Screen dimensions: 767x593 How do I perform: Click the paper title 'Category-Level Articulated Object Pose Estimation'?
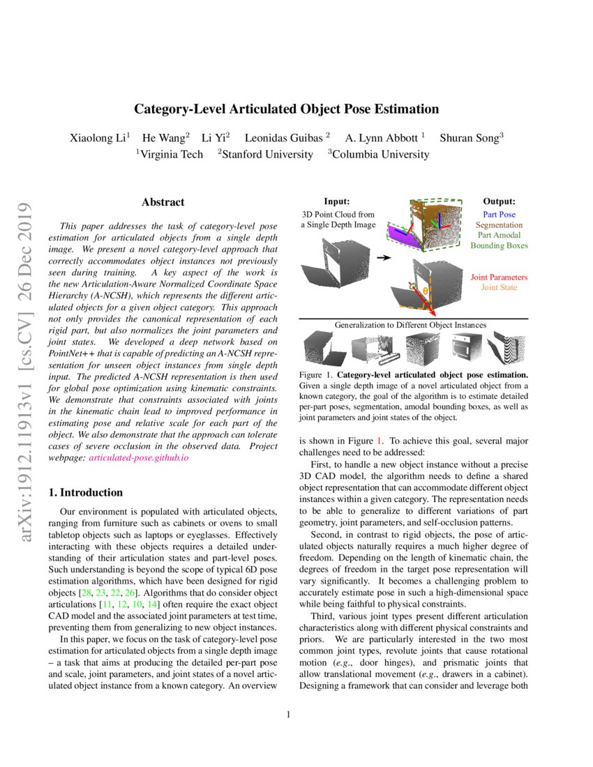click(x=286, y=109)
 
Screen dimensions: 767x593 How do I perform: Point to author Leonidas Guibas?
click(x=287, y=138)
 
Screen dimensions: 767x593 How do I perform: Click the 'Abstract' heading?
click(x=163, y=202)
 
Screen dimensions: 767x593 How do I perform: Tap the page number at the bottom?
click(x=287, y=714)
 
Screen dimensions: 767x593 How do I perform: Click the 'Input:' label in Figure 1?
click(x=337, y=202)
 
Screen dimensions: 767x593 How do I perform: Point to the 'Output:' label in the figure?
click(x=499, y=202)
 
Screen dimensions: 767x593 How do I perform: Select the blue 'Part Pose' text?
click(x=499, y=215)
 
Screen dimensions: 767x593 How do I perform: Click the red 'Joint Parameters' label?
click(x=499, y=277)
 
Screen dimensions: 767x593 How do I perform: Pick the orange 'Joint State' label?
click(x=499, y=287)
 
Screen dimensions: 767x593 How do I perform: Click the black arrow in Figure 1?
click(x=383, y=257)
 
